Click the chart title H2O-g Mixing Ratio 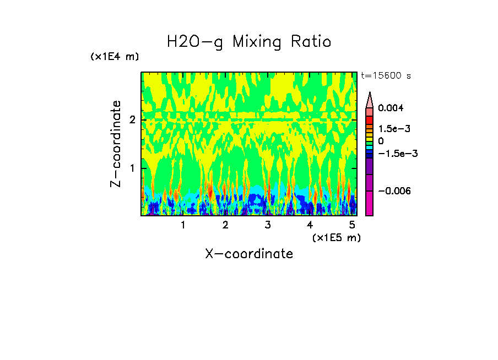pos(249,42)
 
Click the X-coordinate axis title pos(249,254)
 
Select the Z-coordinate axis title pos(116,144)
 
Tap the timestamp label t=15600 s pos(386,76)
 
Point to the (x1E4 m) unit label pos(115,57)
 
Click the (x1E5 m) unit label pos(336,237)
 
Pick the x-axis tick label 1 pos(183,225)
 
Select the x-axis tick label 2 pos(225,225)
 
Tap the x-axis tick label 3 pos(267,225)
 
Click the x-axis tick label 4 pos(310,225)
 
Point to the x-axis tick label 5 pos(351,225)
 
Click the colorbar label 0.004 pos(391,108)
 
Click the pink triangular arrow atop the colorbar pos(370,100)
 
